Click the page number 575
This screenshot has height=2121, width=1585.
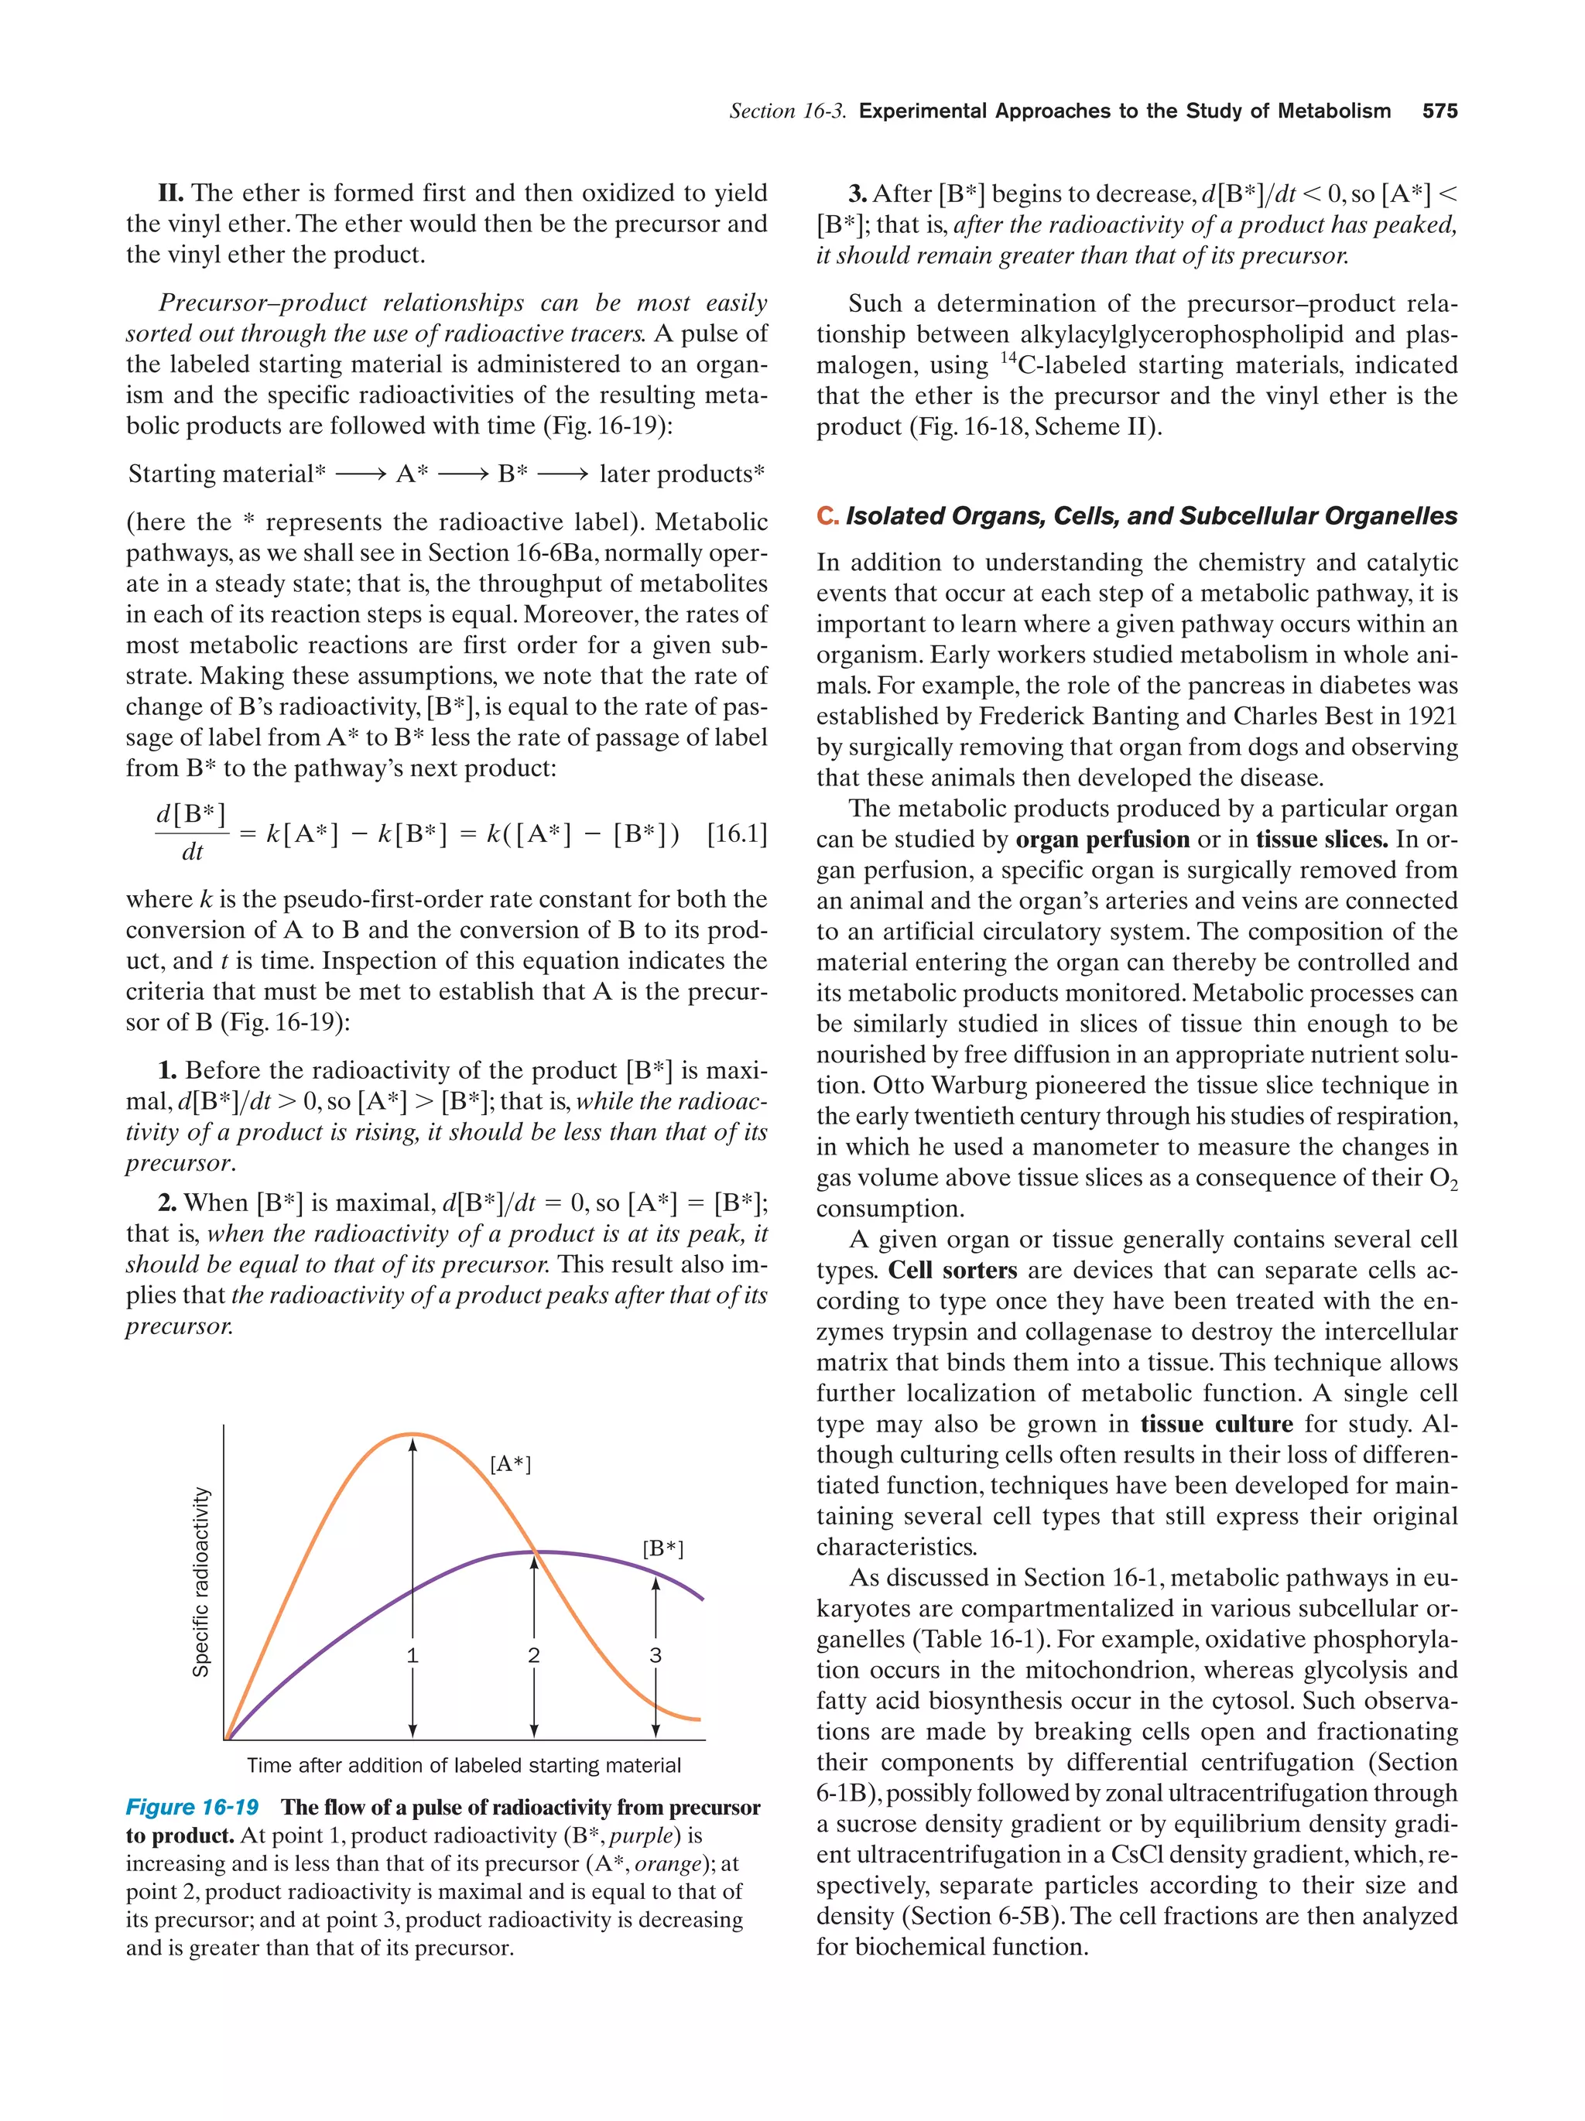click(x=1440, y=111)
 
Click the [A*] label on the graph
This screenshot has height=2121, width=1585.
click(x=510, y=1464)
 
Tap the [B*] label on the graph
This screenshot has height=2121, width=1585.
click(x=662, y=1548)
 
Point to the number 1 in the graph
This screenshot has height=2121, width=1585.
click(x=413, y=1655)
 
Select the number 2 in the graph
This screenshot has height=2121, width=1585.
click(x=534, y=1655)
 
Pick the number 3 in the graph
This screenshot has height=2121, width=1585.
click(x=656, y=1655)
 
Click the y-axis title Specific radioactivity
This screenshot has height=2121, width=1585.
click(x=200, y=1582)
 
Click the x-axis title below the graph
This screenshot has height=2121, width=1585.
click(x=464, y=1765)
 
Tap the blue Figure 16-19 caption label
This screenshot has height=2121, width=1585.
click(x=192, y=1808)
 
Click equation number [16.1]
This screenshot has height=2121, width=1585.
click(x=737, y=833)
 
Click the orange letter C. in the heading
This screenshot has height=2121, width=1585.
click(x=827, y=516)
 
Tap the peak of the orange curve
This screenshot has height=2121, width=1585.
click(x=412, y=1435)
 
